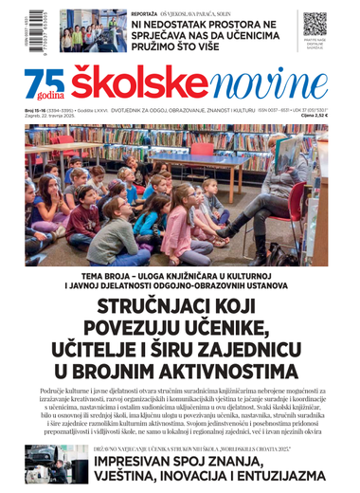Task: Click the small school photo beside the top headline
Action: [x=90, y=30]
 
